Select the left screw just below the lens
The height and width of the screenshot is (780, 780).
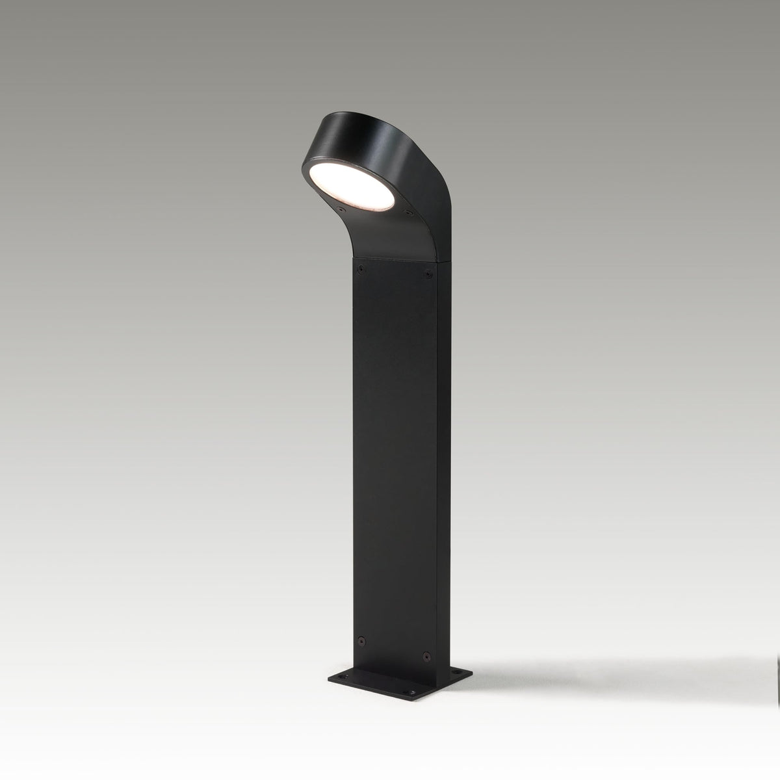click(340, 211)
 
